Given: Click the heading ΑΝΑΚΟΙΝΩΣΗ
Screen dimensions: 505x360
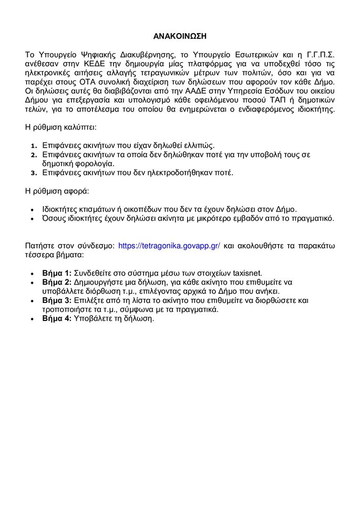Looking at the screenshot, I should (x=180, y=36).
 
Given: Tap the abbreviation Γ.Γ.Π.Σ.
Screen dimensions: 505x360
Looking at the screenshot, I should (x=315, y=53).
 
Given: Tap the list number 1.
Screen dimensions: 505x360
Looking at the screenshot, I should (x=32, y=145).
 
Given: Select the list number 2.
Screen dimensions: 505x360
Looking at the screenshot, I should (x=32, y=155).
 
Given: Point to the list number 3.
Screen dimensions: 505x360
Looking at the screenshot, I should (x=32, y=173).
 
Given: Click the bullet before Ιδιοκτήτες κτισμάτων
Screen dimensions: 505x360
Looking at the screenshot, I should (x=33, y=208).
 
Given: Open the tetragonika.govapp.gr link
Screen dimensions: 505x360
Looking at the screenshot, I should (x=169, y=245).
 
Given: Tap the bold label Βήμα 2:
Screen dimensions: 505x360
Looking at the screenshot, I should (x=58, y=282).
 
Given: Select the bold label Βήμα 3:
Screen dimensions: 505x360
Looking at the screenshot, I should (x=58, y=300).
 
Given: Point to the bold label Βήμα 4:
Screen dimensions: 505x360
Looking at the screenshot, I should (x=58, y=319).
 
